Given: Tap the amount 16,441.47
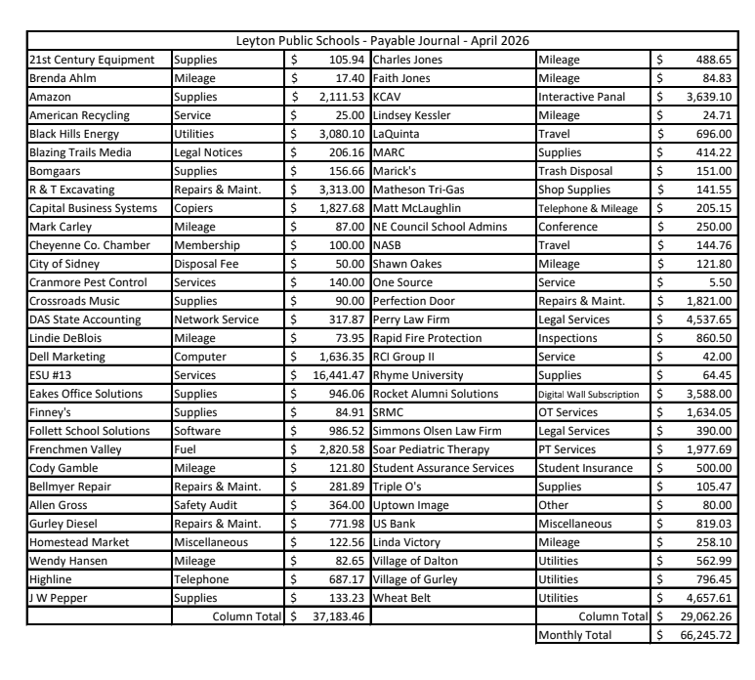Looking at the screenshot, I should coord(333,375).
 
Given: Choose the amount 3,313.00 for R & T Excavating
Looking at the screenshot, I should coord(338,190).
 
